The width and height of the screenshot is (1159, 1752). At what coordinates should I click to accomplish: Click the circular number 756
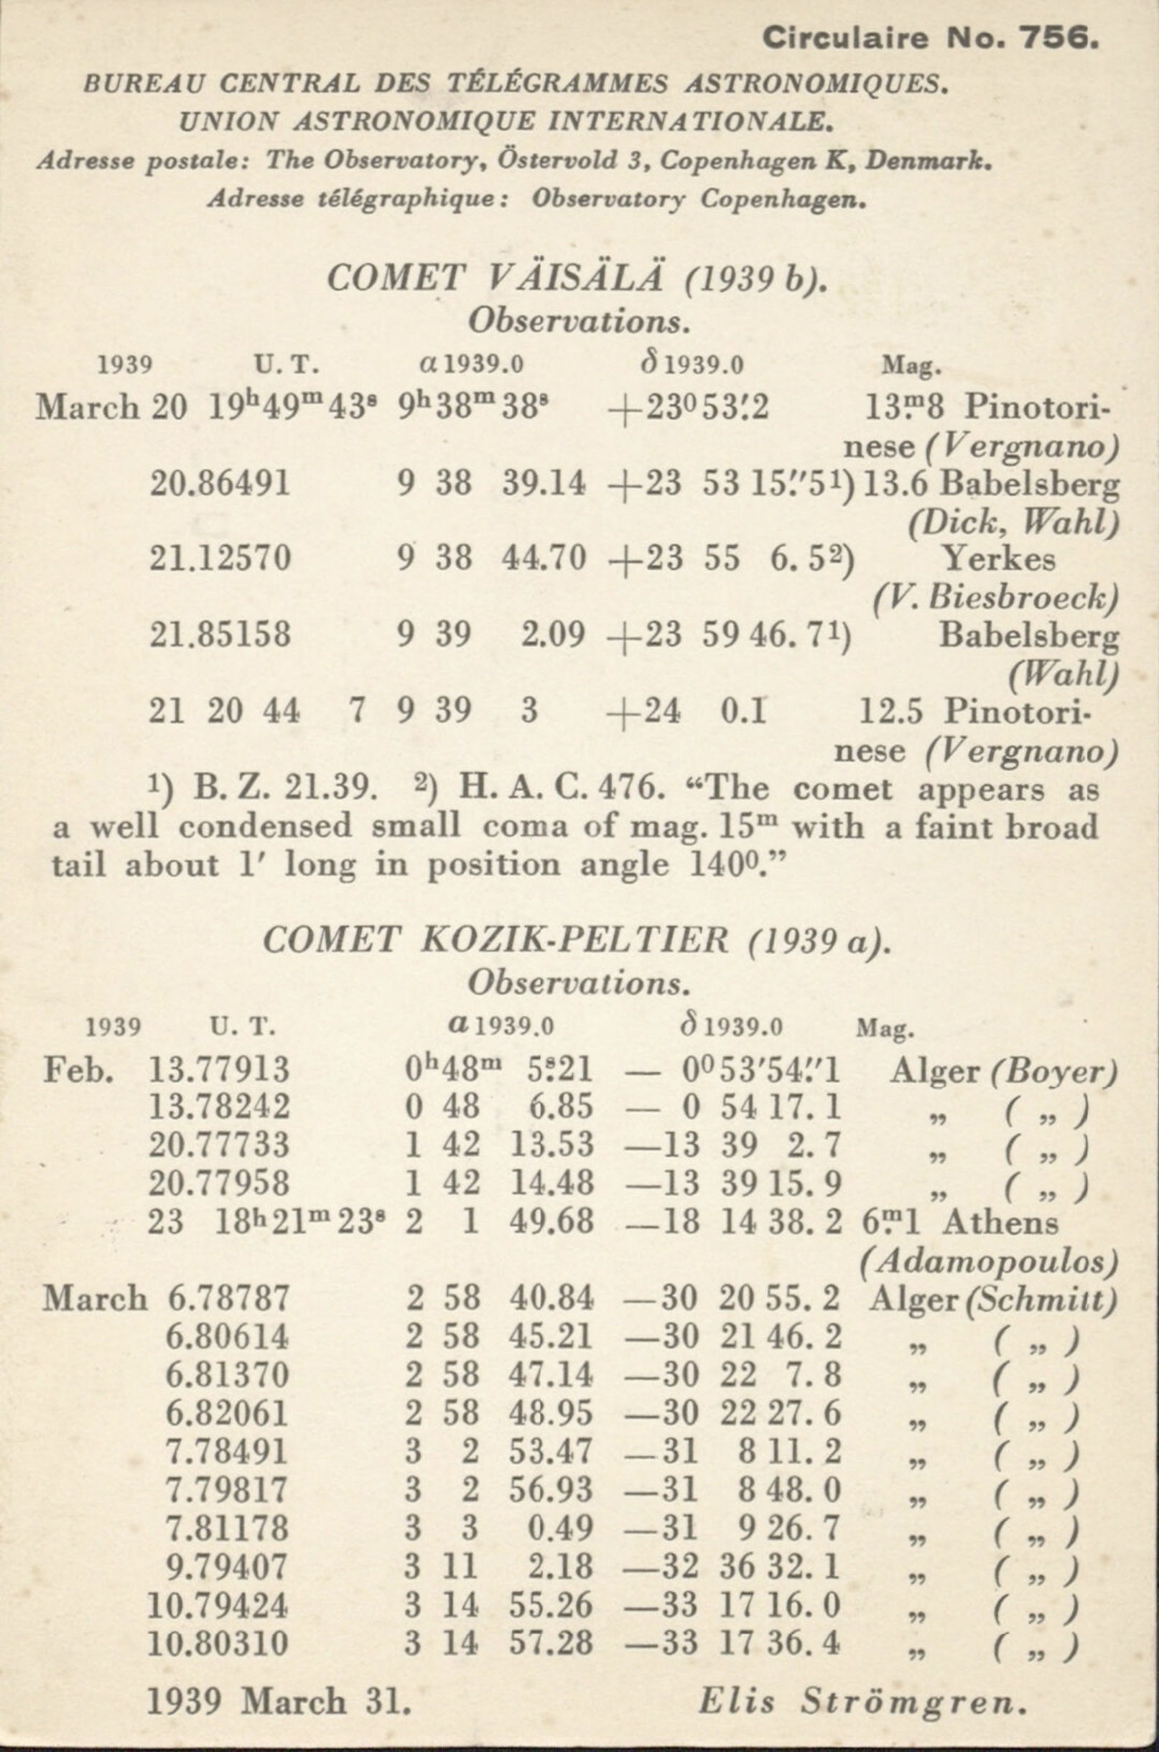coord(1058,37)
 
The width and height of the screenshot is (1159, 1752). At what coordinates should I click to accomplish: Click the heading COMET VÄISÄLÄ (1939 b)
coord(577,279)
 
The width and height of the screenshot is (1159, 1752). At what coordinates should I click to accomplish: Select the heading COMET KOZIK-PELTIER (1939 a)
coord(577,941)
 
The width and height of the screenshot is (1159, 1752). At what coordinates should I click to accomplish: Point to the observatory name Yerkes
coord(1000,559)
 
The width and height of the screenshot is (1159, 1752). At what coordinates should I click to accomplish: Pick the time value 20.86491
coord(220,483)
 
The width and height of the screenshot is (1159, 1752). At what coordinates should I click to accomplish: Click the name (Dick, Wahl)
coord(1013,523)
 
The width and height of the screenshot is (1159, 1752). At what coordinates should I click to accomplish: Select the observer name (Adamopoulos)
coord(989,1261)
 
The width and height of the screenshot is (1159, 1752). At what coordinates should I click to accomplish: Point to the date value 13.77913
coord(220,1069)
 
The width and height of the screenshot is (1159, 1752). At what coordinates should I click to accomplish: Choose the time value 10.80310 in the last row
coord(218,1643)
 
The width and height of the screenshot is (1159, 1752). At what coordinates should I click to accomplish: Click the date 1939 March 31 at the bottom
coord(279,1701)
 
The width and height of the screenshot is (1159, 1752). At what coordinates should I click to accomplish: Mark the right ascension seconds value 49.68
coord(551,1221)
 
